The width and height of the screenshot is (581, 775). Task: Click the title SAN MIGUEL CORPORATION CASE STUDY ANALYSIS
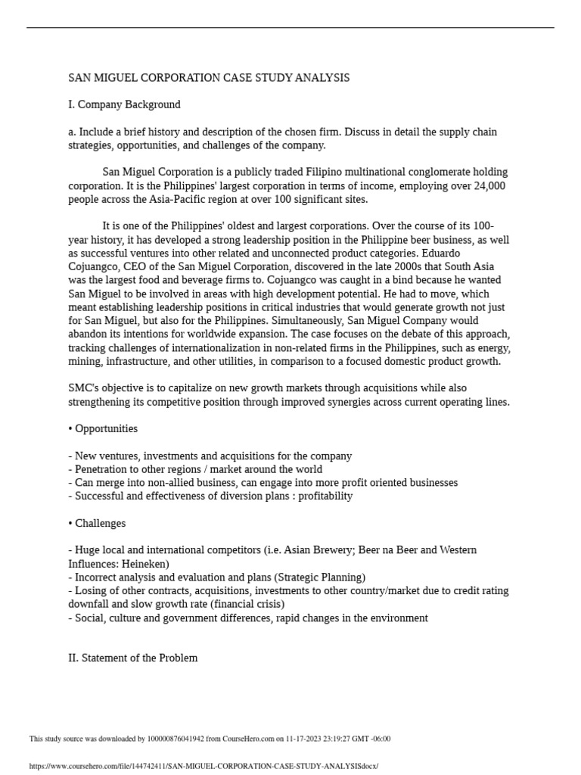[209, 78]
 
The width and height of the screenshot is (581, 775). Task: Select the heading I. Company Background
[124, 104]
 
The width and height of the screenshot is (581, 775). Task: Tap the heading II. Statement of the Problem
[132, 658]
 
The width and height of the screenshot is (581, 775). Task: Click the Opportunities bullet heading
[103, 428]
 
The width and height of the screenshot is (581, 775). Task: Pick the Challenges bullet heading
[97, 523]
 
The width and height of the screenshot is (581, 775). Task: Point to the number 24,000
[489, 185]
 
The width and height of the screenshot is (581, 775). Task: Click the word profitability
[324, 496]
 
